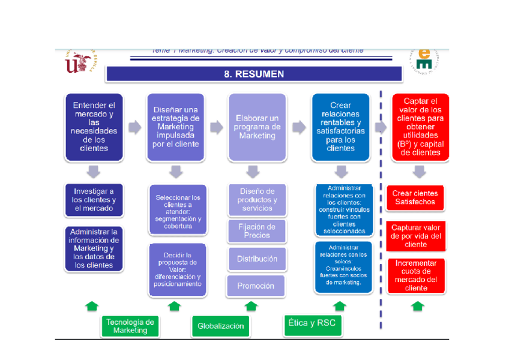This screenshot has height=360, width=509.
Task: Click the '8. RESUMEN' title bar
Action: [253, 74]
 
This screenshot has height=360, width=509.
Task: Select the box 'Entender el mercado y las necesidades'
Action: [94, 127]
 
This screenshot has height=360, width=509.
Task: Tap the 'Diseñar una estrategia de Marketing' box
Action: [176, 127]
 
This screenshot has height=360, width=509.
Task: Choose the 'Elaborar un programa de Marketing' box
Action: [257, 127]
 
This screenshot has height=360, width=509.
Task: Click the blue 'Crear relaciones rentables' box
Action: [340, 127]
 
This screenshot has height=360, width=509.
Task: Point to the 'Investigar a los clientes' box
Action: [94, 200]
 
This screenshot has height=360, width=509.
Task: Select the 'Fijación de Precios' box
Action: [257, 231]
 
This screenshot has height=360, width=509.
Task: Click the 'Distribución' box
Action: [257, 259]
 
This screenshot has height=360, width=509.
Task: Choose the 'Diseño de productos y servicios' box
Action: [257, 200]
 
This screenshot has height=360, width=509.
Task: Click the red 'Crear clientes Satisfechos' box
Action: [416, 197]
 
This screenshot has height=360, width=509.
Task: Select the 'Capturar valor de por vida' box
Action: [416, 236]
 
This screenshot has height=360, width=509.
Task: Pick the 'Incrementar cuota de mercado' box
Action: [416, 275]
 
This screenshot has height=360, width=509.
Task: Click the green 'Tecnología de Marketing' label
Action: [130, 326]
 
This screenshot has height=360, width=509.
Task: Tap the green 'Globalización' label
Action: [221, 326]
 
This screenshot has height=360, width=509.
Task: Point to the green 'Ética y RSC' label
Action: [312, 324]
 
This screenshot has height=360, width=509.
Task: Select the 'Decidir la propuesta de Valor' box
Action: [177, 270]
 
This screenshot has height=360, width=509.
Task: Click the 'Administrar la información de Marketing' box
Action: [94, 248]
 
